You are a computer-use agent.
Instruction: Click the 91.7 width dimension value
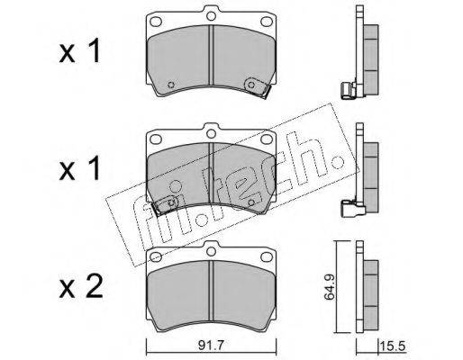pyautogui.click(x=211, y=346)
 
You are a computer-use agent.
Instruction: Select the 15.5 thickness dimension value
pyautogui.click(x=394, y=346)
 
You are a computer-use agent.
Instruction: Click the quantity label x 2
pyautogui.click(x=81, y=287)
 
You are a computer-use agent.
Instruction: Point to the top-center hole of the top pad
pyautogui.click(x=211, y=15)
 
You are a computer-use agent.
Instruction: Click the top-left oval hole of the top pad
pyautogui.click(x=156, y=22)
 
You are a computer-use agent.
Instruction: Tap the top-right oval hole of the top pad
pyautogui.click(x=267, y=22)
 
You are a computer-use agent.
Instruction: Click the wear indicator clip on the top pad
pyautogui.click(x=257, y=87)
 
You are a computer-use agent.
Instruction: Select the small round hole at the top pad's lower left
pyautogui.click(x=171, y=85)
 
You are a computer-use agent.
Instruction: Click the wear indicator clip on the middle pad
pyautogui.click(x=166, y=205)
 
